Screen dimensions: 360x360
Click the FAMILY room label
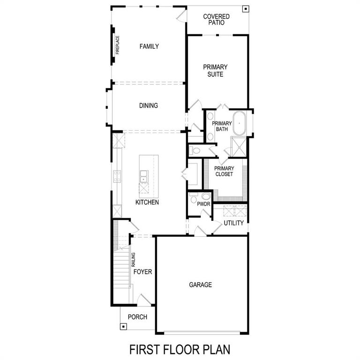(149, 46)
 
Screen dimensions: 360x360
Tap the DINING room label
(148, 105)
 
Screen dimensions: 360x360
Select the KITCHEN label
(147, 202)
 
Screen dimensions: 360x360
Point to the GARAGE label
(201, 285)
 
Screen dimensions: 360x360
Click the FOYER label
(142, 272)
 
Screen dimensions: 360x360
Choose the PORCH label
(138, 317)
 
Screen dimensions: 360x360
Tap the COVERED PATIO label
(216, 19)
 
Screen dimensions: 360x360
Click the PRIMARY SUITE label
(215, 71)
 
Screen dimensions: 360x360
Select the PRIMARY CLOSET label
(224, 171)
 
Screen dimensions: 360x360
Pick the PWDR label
(203, 204)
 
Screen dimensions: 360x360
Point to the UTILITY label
(233, 223)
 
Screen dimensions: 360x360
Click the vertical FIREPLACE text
(118, 45)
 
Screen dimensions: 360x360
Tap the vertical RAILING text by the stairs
(134, 260)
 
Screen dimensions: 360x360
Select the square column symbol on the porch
(123, 326)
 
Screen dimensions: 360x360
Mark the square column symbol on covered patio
(245, 9)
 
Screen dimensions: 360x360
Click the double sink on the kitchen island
(143, 176)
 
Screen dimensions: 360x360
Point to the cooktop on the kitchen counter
(116, 176)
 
